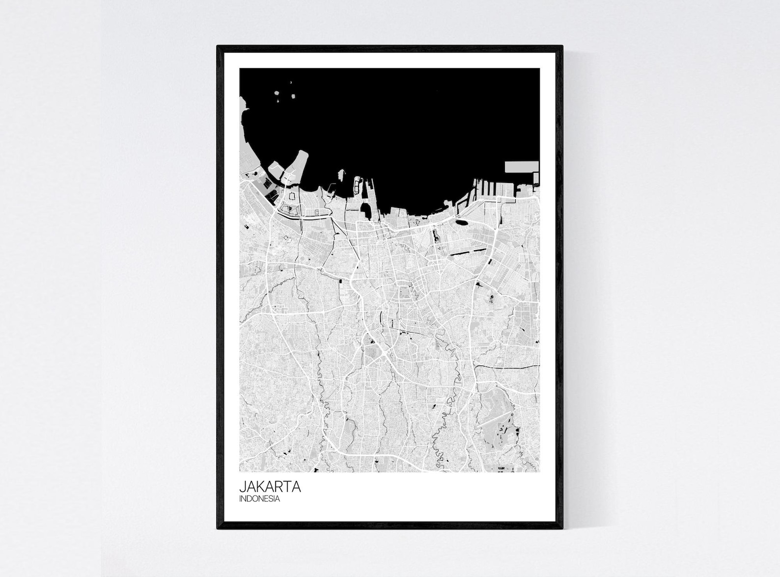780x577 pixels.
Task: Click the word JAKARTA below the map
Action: tap(270, 488)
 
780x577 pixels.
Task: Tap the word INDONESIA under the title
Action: tap(260, 499)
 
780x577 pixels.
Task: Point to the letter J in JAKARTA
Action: tap(242, 488)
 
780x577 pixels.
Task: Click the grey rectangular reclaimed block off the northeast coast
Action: tap(521, 167)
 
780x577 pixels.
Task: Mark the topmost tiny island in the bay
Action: tap(291, 82)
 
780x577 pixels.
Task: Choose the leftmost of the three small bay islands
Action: tap(277, 92)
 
